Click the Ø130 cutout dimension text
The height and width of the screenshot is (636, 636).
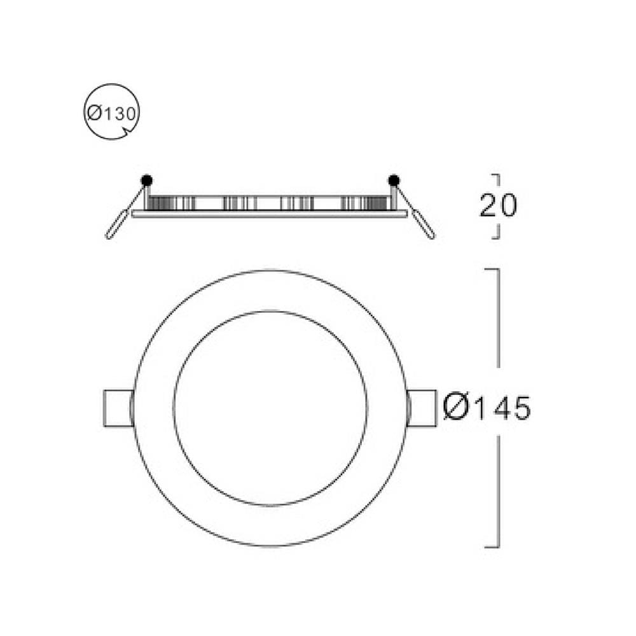111,114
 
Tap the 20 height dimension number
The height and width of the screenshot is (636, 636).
498,205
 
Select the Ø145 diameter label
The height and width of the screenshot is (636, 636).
487,407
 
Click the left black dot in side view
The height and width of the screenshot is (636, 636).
146,181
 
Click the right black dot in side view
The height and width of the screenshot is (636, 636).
394,181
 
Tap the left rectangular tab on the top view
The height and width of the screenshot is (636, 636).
118,408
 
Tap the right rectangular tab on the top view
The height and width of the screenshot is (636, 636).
422,408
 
